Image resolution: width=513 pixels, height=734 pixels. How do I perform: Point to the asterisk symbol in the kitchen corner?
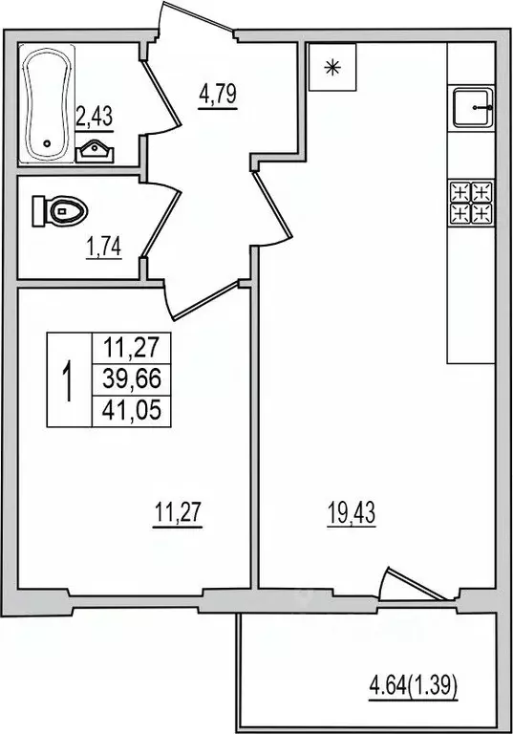click(x=332, y=67)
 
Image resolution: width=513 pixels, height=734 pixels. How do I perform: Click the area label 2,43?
click(x=93, y=117)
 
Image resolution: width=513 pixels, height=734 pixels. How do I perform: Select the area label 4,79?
click(x=218, y=96)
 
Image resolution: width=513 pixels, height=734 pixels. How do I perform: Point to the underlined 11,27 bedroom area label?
click(x=180, y=515)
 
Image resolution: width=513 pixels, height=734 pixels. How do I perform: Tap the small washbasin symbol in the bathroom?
click(x=94, y=148)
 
